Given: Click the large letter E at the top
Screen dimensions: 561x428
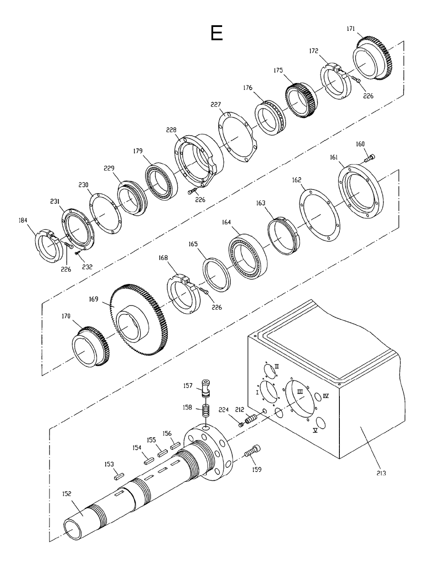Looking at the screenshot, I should point(217,33).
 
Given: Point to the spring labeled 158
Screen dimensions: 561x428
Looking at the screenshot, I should point(206,413).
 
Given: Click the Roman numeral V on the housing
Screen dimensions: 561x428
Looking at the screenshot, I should point(315,430).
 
